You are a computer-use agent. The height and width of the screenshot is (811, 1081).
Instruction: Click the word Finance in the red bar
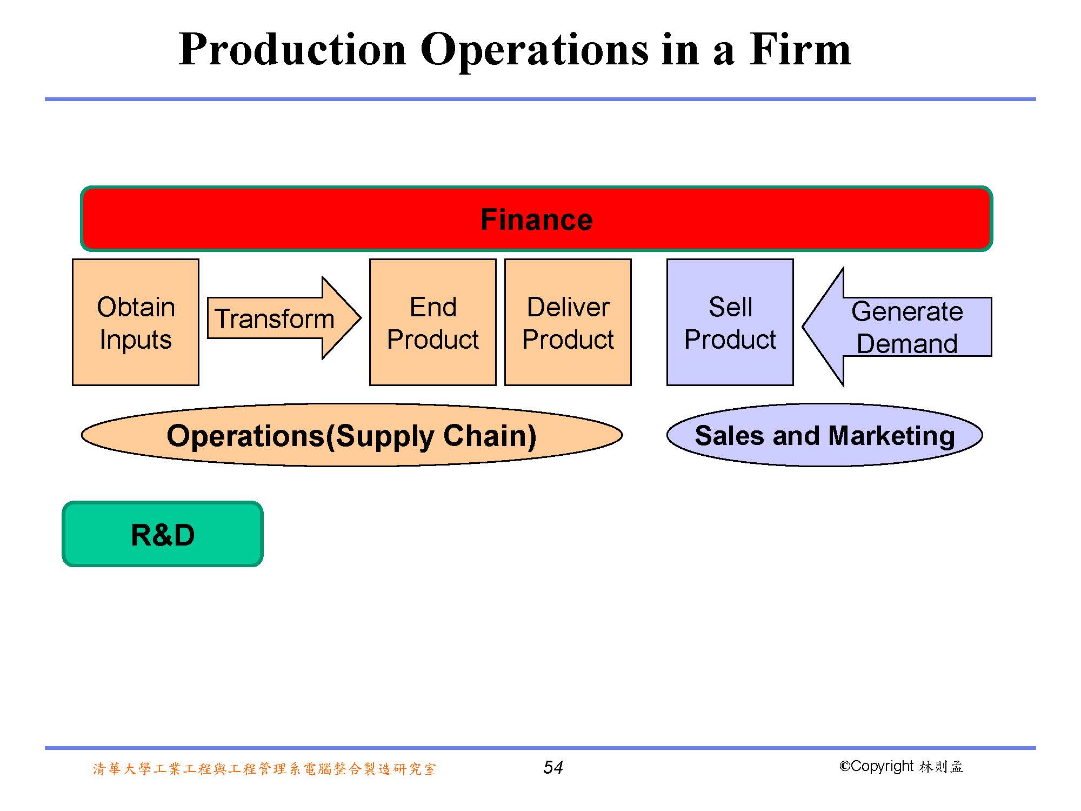[x=537, y=220]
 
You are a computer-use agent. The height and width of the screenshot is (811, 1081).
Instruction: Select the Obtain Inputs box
[x=136, y=322]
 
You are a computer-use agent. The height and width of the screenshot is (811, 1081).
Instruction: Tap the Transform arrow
[x=284, y=318]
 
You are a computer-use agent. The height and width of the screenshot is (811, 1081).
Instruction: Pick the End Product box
[x=433, y=322]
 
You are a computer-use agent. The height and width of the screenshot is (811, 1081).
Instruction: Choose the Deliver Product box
[x=568, y=322]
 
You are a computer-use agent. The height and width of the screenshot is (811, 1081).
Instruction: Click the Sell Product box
[x=730, y=322]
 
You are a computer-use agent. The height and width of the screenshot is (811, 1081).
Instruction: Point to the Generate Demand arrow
[x=897, y=327]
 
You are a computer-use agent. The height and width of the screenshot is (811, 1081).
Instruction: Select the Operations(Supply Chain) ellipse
[x=352, y=435]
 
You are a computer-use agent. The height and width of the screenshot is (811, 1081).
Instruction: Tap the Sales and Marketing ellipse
[x=825, y=435]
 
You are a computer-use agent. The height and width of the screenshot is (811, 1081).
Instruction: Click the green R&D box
[x=163, y=534]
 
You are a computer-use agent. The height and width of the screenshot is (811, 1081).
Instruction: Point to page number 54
[x=553, y=767]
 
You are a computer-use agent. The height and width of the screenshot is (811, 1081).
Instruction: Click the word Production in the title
[x=292, y=50]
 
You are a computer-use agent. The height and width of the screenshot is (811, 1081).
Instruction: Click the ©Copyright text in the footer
[x=877, y=767]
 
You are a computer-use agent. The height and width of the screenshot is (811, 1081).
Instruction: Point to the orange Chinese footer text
[x=264, y=769]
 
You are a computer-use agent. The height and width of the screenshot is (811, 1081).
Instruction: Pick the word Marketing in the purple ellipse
[x=891, y=436]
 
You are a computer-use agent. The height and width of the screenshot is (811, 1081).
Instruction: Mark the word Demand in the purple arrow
[x=907, y=344]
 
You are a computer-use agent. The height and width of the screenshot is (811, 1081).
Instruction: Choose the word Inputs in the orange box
[x=136, y=341]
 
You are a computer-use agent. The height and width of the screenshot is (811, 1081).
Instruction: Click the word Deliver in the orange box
[x=568, y=307]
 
